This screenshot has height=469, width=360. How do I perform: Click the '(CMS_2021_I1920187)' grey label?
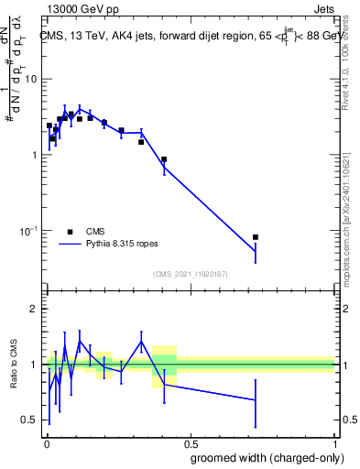pyautogui.click(x=190, y=274)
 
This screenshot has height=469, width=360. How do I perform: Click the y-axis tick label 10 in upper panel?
pyautogui.click(x=31, y=79)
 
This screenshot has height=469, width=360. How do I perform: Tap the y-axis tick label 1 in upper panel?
pyautogui.click(x=35, y=155)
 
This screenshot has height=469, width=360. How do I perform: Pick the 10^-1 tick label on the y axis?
pyautogui.click(x=29, y=230)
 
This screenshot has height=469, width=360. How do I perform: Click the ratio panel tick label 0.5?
pyautogui.click(x=29, y=420)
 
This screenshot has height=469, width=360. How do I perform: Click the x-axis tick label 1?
pyautogui.click(x=333, y=442)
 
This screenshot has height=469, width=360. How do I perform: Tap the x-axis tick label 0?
pyautogui.click(x=46, y=442)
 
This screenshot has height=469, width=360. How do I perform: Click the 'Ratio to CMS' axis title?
pyautogui.click(x=13, y=364)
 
